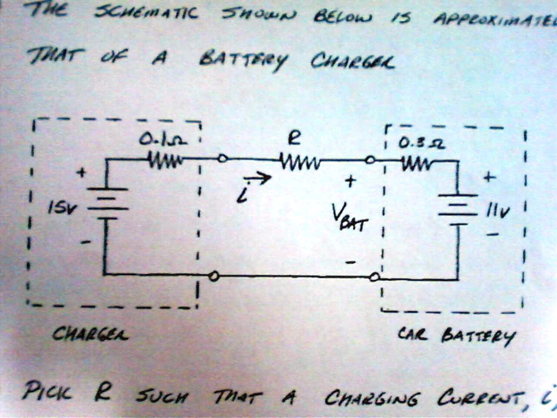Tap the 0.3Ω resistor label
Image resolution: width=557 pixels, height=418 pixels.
click(x=414, y=144)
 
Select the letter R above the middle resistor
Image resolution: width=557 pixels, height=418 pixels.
click(x=294, y=139)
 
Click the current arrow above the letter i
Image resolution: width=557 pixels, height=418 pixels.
click(x=259, y=178)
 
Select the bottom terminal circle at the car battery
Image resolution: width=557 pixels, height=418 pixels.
click(x=374, y=277)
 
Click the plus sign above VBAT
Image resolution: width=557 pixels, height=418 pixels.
click(x=350, y=181)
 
